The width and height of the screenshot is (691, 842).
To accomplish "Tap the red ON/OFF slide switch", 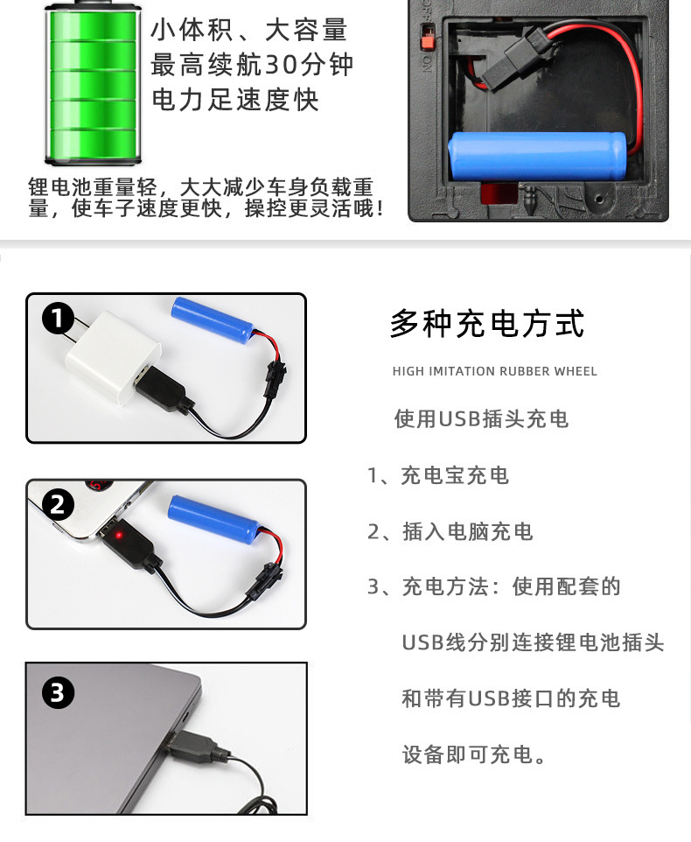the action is [427, 37].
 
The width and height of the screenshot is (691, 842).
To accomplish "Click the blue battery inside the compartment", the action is [538, 157].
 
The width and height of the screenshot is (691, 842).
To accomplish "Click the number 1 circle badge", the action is [58, 319].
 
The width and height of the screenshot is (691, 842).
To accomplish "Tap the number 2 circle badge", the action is [58, 505].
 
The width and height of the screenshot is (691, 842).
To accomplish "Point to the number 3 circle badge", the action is [58, 692].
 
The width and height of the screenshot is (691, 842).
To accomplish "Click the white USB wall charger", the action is [112, 355].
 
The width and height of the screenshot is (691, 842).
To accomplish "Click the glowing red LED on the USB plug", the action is [120, 534].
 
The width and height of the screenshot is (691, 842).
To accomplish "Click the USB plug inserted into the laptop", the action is [196, 745].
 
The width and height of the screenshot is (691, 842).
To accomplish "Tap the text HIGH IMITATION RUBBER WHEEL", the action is [495, 371].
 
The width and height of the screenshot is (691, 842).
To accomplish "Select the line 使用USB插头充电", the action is [481, 419].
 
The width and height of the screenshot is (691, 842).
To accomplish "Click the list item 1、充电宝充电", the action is [437, 475].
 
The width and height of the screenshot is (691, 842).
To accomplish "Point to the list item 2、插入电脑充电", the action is [450, 531].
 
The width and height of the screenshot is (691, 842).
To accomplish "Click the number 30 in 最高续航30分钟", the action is [282, 65].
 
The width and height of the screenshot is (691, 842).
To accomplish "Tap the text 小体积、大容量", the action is [249, 30].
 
